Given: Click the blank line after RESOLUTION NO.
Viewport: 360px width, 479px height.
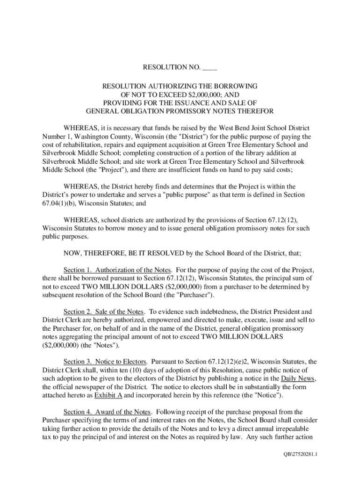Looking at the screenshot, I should click(x=209, y=68).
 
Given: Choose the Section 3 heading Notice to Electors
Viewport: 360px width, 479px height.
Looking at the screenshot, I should click(x=108, y=362).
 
